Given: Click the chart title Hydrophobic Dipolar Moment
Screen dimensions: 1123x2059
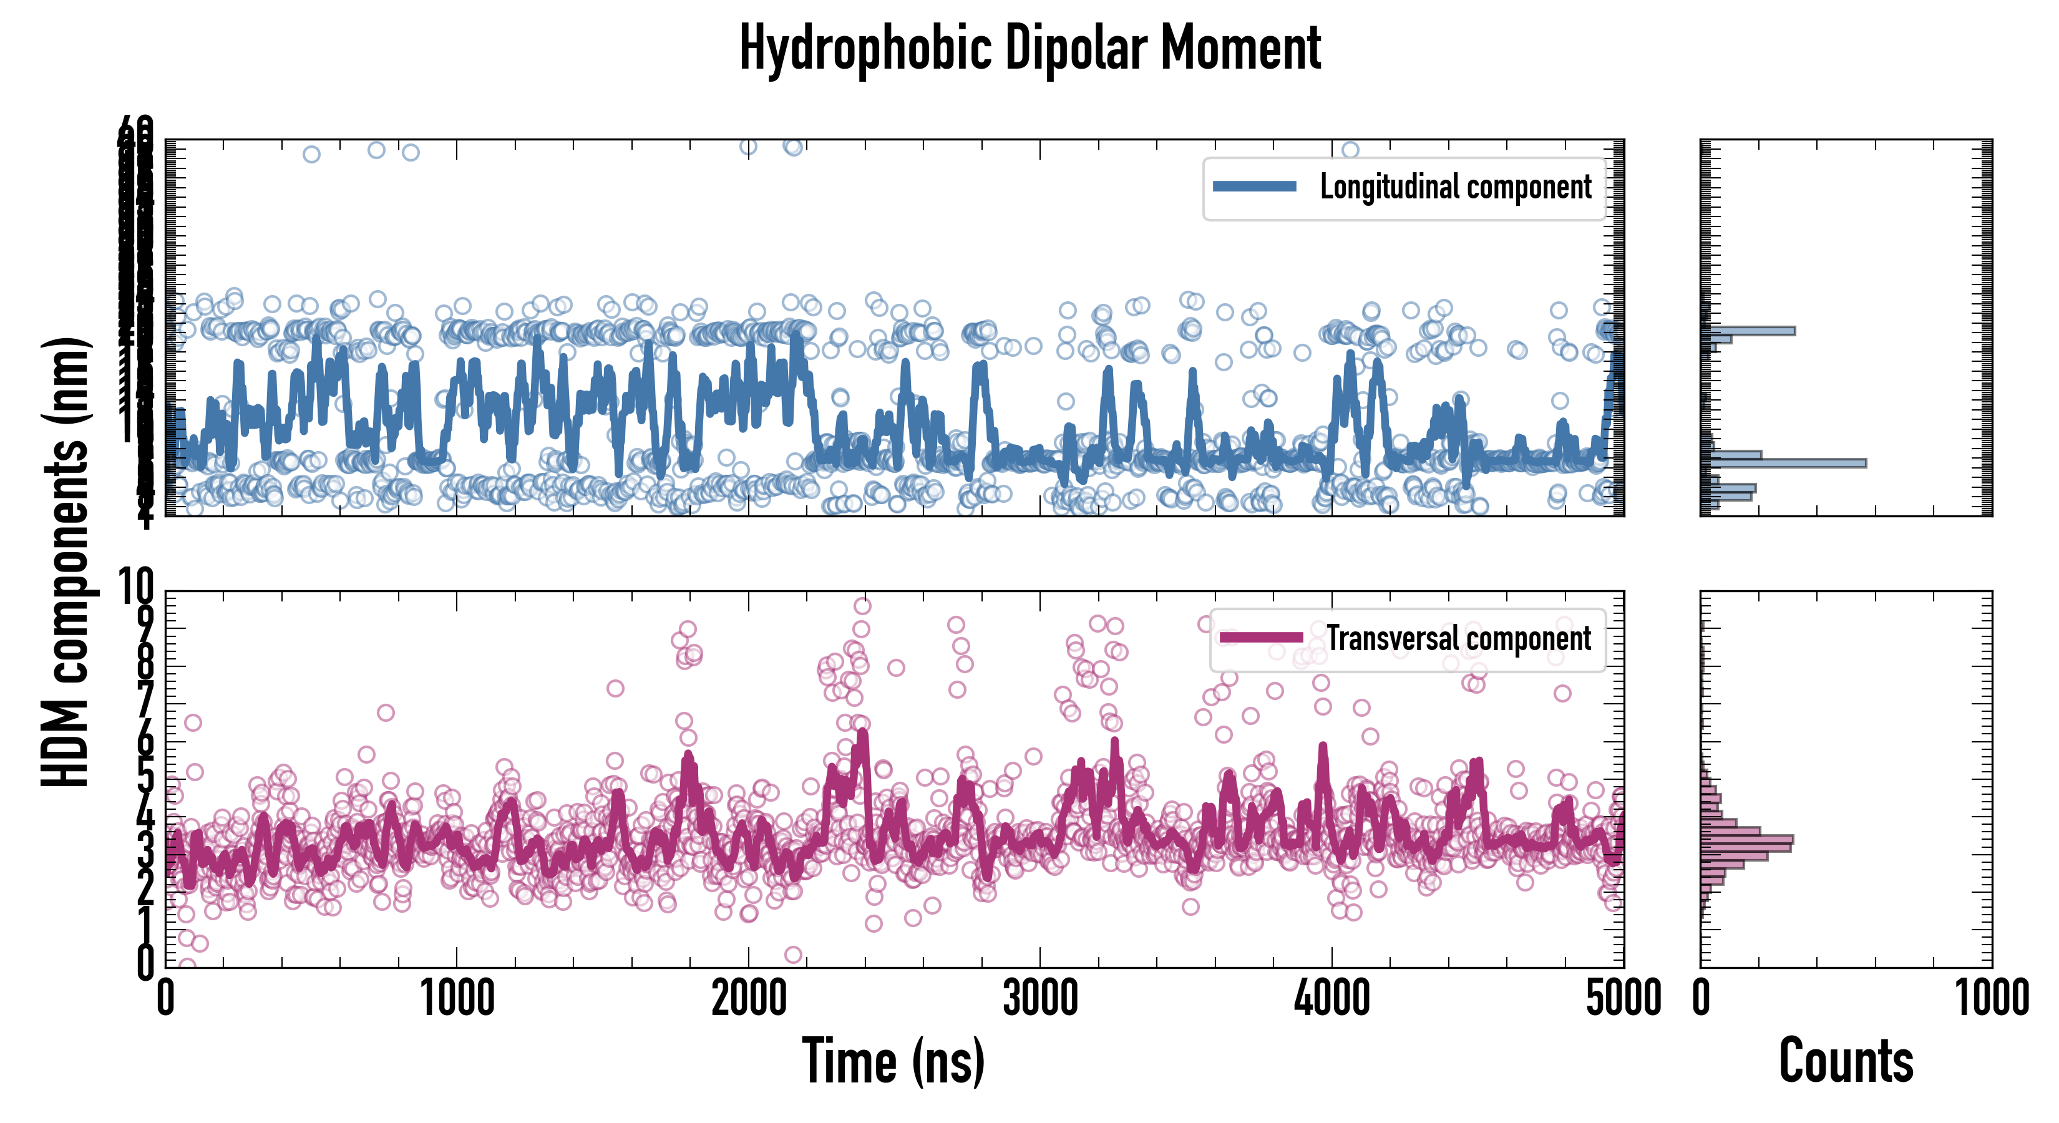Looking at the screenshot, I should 1029,48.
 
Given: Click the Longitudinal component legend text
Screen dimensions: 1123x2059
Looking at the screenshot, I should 1456,187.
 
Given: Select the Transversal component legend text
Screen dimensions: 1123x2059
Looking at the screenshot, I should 1459,638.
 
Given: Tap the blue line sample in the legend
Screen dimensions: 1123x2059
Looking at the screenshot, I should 1254,187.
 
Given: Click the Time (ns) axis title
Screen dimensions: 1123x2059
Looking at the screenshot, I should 893,1061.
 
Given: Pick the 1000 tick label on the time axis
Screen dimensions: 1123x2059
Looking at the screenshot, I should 457,999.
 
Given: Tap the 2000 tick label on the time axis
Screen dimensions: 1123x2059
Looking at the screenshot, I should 749,999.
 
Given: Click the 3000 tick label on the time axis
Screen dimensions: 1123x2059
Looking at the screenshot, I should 1040,999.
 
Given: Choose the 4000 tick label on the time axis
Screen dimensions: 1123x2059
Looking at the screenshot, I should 1331,999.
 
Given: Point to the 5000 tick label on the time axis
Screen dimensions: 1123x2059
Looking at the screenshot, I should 1623,999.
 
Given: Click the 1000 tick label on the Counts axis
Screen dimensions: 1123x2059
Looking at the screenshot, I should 1992,999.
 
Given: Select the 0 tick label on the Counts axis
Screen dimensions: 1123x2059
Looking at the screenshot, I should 1701,999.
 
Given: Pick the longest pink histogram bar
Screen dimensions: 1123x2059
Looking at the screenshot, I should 1747,839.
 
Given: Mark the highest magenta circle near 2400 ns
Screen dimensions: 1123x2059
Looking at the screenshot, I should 862,606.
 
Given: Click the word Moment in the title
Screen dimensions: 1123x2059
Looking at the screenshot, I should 1240,48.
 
